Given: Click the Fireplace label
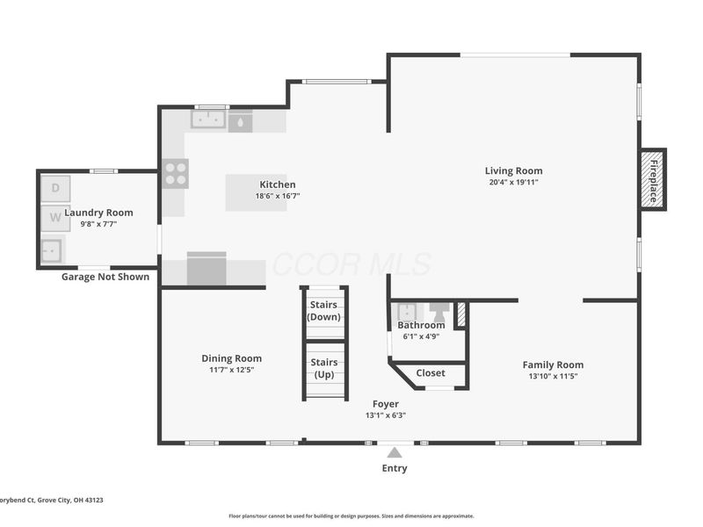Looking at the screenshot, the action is point(654,181).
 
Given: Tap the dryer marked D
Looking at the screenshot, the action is point(55,188).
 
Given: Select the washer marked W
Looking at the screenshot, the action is point(55,218).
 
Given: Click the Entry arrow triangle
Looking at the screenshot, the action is point(395,452).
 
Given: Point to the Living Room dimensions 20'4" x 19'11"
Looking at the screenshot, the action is point(514,182).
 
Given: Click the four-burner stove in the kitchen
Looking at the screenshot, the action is point(175,174).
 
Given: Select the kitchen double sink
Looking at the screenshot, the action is point(208,119).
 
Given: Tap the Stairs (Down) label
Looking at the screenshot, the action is point(323,311).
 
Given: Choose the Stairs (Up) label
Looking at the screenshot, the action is point(324,368).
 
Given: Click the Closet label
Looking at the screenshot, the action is point(431,372).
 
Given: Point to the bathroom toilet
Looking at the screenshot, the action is point(438,312).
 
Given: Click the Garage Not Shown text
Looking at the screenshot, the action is point(105,277).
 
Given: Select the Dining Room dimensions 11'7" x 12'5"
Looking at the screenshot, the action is point(232,370).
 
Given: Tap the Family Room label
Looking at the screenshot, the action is point(554,365).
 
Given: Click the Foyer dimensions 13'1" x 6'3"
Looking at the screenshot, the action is point(386,415).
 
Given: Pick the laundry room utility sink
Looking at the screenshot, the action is point(52,250).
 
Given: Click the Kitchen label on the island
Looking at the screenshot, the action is point(278,184).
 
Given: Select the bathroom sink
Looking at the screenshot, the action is point(407,311).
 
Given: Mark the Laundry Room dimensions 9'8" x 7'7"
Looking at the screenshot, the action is point(98,224).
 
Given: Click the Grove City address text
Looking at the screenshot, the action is point(51,500).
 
